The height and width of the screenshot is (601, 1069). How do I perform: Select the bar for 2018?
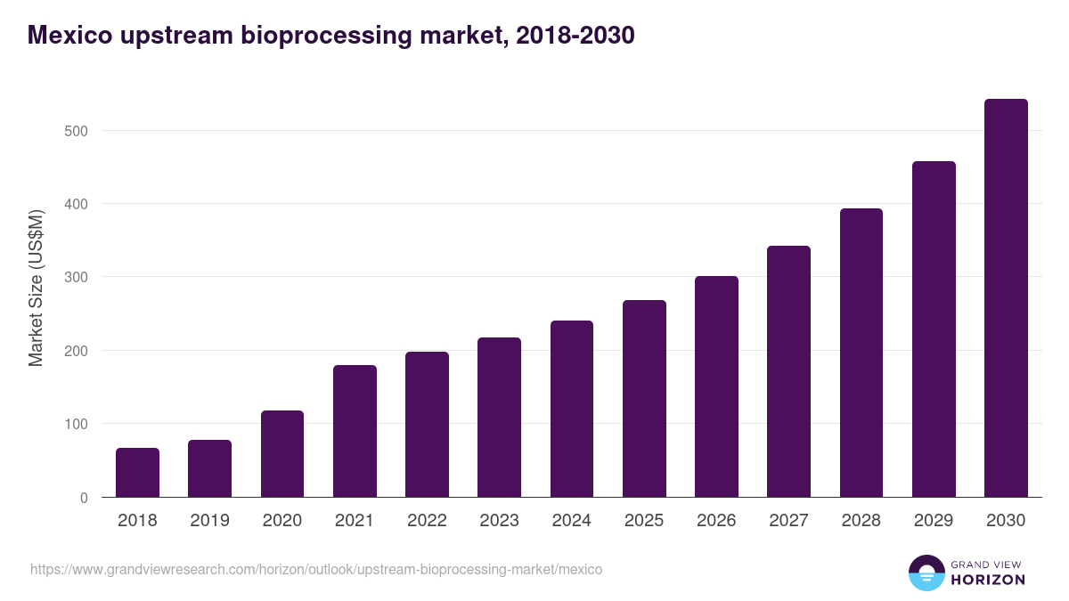137,473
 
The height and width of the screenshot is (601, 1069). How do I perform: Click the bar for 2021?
355,432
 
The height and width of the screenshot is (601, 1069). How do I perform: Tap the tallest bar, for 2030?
1006,298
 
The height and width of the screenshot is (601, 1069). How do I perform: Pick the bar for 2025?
644,399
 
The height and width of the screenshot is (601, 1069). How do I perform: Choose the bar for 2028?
861,353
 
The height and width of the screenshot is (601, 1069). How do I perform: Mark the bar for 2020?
282,454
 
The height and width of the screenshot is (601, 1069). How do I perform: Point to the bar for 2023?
499,418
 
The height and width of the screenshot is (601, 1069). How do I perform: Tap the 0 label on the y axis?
84,498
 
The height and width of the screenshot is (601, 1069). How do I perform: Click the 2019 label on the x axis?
209,521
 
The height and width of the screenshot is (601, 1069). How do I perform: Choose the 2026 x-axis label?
716,521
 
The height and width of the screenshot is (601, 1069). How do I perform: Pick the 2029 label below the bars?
934,521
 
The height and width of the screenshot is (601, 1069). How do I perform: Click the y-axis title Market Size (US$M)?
36,288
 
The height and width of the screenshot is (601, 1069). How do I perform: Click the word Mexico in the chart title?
70,35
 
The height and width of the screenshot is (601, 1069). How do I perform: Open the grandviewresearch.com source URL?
316,569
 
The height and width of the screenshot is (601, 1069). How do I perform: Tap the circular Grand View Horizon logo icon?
926,573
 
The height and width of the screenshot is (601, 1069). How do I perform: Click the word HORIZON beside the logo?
988,580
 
